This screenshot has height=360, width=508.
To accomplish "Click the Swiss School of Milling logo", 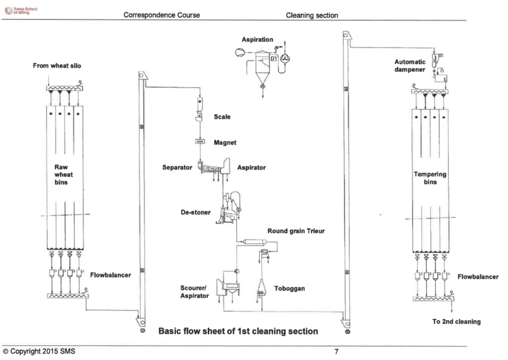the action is [x=21, y=10].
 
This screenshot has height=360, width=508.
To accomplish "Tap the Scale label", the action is [x=222, y=117].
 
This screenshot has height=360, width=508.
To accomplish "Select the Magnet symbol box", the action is [x=200, y=141].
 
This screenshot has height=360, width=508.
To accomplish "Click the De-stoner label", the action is [x=195, y=212].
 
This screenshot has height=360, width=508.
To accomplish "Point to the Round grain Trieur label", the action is [x=296, y=231].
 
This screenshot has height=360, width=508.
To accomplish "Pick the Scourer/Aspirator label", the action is [x=194, y=292].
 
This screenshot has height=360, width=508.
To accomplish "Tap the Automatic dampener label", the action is [x=410, y=66].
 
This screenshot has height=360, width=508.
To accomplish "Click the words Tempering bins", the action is [x=430, y=178].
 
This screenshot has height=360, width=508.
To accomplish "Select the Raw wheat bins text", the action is [x=63, y=175].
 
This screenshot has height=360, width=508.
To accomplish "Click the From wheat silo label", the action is [x=57, y=66].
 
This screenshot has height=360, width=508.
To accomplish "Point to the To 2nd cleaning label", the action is [x=456, y=321].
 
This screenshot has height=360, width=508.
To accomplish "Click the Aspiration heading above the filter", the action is [x=257, y=40].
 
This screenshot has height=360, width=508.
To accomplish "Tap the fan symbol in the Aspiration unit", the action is [x=285, y=59].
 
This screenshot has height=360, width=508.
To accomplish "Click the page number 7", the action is [x=337, y=352].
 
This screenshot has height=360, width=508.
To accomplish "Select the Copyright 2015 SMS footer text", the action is [x=39, y=351].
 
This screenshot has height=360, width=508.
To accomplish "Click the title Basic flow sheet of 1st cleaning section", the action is [x=238, y=331].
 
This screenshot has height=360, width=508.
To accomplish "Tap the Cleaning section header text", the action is [x=312, y=15].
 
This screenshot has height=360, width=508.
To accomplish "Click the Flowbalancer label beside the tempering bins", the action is [x=478, y=277].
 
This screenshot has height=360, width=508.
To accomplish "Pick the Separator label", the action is [x=177, y=168].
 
